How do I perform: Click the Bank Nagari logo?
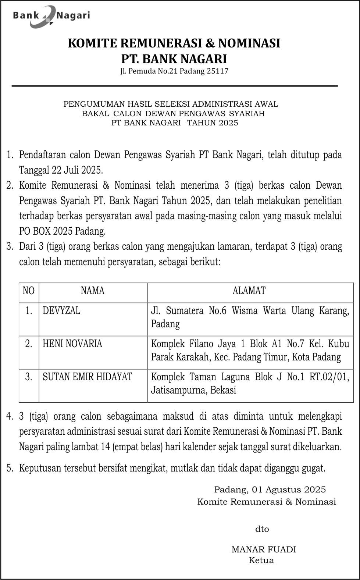(x=51, y=16)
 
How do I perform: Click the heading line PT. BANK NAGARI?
(x=174, y=59)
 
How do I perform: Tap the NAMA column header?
(x=93, y=291)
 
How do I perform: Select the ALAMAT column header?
(x=249, y=291)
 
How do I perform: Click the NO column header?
(x=28, y=291)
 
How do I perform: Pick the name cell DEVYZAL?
(x=61, y=311)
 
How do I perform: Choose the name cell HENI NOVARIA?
(x=72, y=344)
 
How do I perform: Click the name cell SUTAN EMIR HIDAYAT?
(x=87, y=377)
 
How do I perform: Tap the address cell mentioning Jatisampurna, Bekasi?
(x=250, y=384)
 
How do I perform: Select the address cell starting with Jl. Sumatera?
(x=250, y=317)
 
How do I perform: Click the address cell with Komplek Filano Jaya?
(x=250, y=351)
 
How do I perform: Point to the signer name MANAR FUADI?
(x=264, y=549)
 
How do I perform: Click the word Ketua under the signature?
(x=261, y=561)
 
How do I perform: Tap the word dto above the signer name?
(x=262, y=529)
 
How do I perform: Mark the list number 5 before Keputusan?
(x=10, y=468)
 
